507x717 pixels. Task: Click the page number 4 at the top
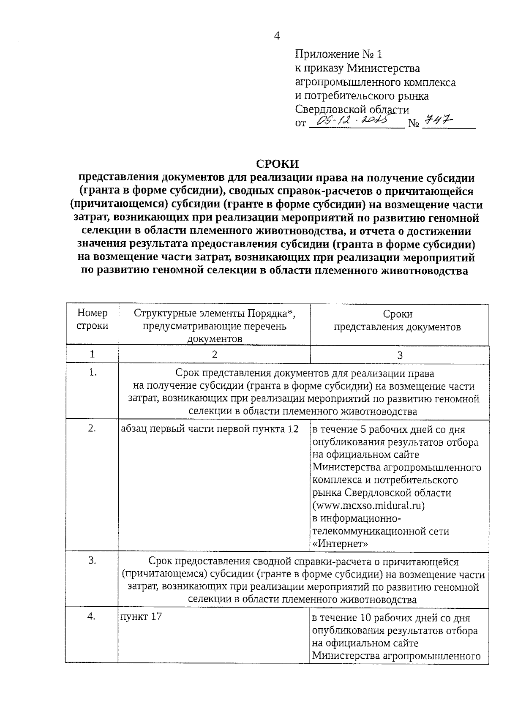coord(277,36)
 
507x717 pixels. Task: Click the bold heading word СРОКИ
coord(277,164)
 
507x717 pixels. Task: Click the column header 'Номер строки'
coord(93,319)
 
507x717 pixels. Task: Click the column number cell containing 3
coord(400,355)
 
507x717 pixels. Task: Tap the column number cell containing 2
coord(215,354)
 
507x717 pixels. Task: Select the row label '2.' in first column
coord(92,428)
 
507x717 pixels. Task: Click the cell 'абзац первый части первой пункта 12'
coord(210,429)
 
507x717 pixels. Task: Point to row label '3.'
coord(92,561)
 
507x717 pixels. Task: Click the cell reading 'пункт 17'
coord(141,617)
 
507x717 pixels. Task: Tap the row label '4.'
coord(92,617)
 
